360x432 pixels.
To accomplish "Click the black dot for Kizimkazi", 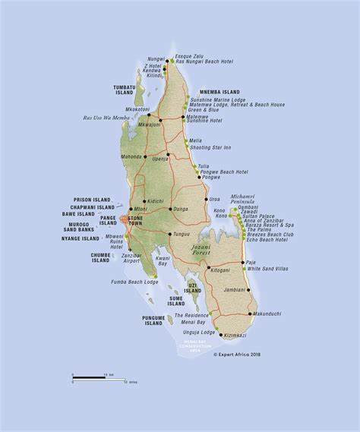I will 220,335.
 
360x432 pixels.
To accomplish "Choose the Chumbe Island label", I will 101,257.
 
